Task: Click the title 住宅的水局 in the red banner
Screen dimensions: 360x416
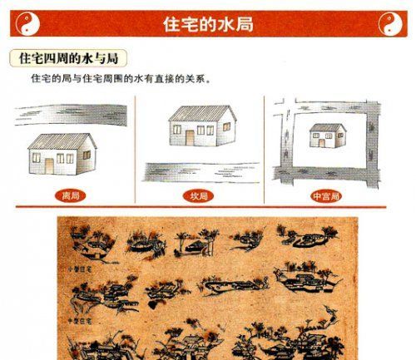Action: coord(208,24)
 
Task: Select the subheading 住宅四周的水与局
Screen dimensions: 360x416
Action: coord(69,61)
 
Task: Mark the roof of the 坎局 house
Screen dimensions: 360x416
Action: coord(200,113)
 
